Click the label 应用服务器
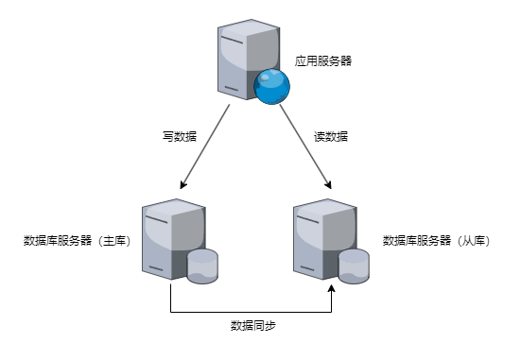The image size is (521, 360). (323, 61)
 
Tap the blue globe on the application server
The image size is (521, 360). (271, 87)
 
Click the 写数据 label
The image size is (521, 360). (180, 136)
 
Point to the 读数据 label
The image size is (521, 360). (331, 136)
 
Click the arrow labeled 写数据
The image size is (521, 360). (204, 146)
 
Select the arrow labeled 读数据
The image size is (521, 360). (305, 146)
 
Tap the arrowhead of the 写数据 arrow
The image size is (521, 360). (182, 184)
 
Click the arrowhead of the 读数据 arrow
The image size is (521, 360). (328, 184)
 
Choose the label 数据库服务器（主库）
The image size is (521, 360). (78, 240)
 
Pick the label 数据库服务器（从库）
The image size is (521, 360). (437, 240)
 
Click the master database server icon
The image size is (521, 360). (180, 241)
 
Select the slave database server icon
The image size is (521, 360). (331, 241)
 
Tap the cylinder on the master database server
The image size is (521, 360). (202, 266)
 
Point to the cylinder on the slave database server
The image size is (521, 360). (354, 266)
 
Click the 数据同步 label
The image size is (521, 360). (253, 325)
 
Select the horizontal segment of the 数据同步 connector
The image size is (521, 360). (251, 312)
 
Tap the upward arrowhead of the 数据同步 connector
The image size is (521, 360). (331, 288)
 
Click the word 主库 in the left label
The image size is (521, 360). (114, 240)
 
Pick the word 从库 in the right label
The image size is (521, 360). (474, 240)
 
